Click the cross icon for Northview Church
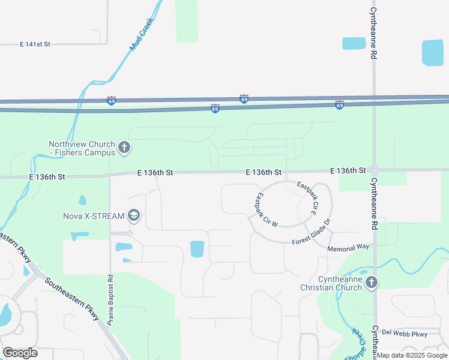coord(124,148)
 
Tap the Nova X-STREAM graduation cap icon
coord(134,216)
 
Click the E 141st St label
coord(35,44)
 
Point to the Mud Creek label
coord(142,34)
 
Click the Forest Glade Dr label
coord(312,233)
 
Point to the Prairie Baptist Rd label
coord(110,300)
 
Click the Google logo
coord(20,353)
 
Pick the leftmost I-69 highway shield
coord(112,101)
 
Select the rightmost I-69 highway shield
coord(339,105)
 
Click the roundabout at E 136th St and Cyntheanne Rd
coord(374,170)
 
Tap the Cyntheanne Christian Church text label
coord(331,283)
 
